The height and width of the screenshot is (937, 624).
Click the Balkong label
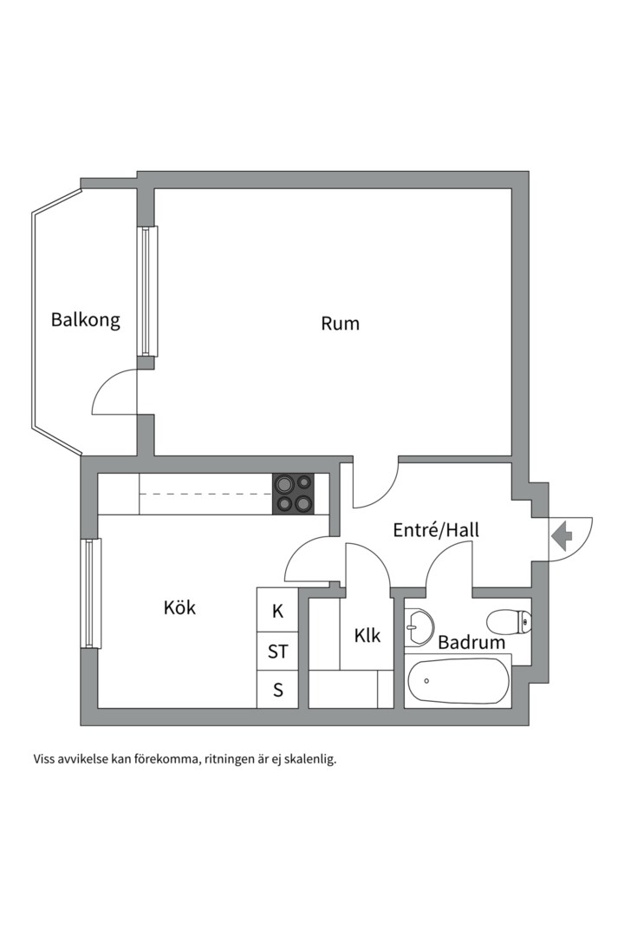86,320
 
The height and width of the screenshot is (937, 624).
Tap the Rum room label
341,324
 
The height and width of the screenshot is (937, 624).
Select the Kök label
179,607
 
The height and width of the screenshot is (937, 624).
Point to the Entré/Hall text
436,529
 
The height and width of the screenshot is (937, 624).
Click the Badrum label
471,642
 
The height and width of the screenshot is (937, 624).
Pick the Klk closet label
367,635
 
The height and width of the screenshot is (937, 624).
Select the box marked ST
277,651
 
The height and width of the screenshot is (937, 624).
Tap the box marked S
277,690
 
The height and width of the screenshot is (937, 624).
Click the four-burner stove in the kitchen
294,494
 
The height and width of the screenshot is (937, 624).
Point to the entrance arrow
562,535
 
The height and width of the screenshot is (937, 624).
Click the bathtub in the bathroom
458,681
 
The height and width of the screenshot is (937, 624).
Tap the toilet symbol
509,622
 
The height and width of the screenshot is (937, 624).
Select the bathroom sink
419,627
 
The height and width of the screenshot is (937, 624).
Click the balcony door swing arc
114,391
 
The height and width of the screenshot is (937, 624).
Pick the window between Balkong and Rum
146,292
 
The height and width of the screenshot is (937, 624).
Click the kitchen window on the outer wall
91,593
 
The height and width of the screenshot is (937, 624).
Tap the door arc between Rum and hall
375,485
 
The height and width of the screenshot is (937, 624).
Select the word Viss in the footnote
43,759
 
